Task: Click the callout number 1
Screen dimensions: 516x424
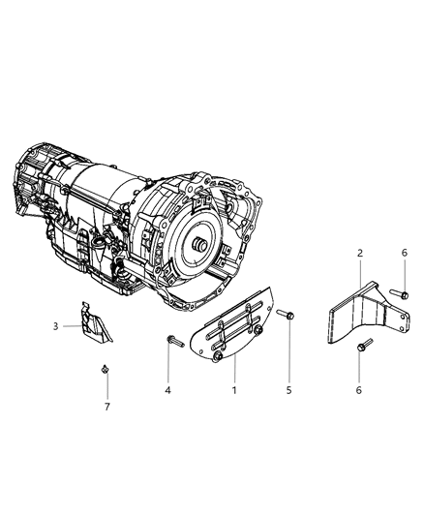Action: pyautogui.click(x=232, y=390)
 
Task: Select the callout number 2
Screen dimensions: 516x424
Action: pyautogui.click(x=359, y=253)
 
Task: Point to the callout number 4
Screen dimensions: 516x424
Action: pyautogui.click(x=168, y=390)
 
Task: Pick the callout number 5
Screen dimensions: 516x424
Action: pyautogui.click(x=288, y=390)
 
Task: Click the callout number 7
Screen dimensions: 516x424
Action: pyautogui.click(x=106, y=407)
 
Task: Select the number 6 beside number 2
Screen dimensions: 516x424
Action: pyautogui.click(x=404, y=253)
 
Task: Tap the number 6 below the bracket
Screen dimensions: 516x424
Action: pyautogui.click(x=360, y=390)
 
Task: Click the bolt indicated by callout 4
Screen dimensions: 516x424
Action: pyautogui.click(x=172, y=339)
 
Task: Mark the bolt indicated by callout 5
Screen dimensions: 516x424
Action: pyautogui.click(x=285, y=314)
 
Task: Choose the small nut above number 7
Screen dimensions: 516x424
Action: pyautogui.click(x=104, y=369)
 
